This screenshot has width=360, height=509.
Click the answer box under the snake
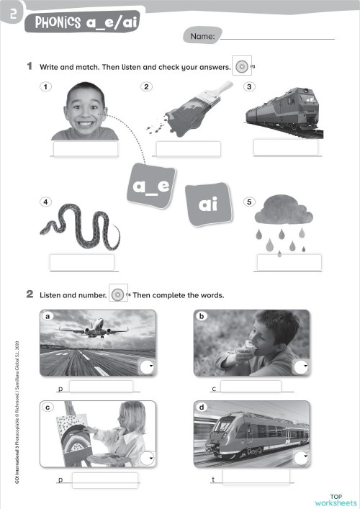point(81,262)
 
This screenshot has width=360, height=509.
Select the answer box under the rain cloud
point(289,262)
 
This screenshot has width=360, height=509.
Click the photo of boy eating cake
point(251,343)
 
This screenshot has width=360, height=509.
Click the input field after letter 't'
point(256,477)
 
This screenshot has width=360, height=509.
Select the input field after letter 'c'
point(250,387)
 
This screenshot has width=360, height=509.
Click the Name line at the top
point(279,35)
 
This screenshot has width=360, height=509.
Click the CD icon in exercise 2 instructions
point(119,294)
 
